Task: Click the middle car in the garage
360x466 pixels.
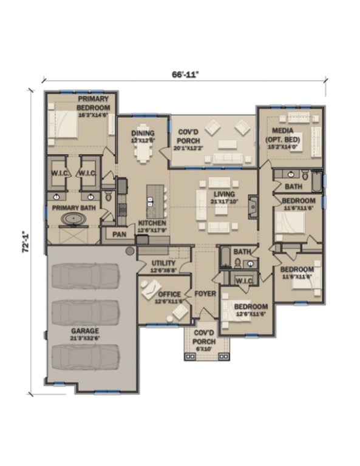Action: (86, 312)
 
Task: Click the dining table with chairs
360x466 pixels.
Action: (144, 152)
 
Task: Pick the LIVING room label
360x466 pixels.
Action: (222, 197)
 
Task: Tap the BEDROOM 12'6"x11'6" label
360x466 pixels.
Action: (251, 309)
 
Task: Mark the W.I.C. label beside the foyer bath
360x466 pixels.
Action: (244, 280)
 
